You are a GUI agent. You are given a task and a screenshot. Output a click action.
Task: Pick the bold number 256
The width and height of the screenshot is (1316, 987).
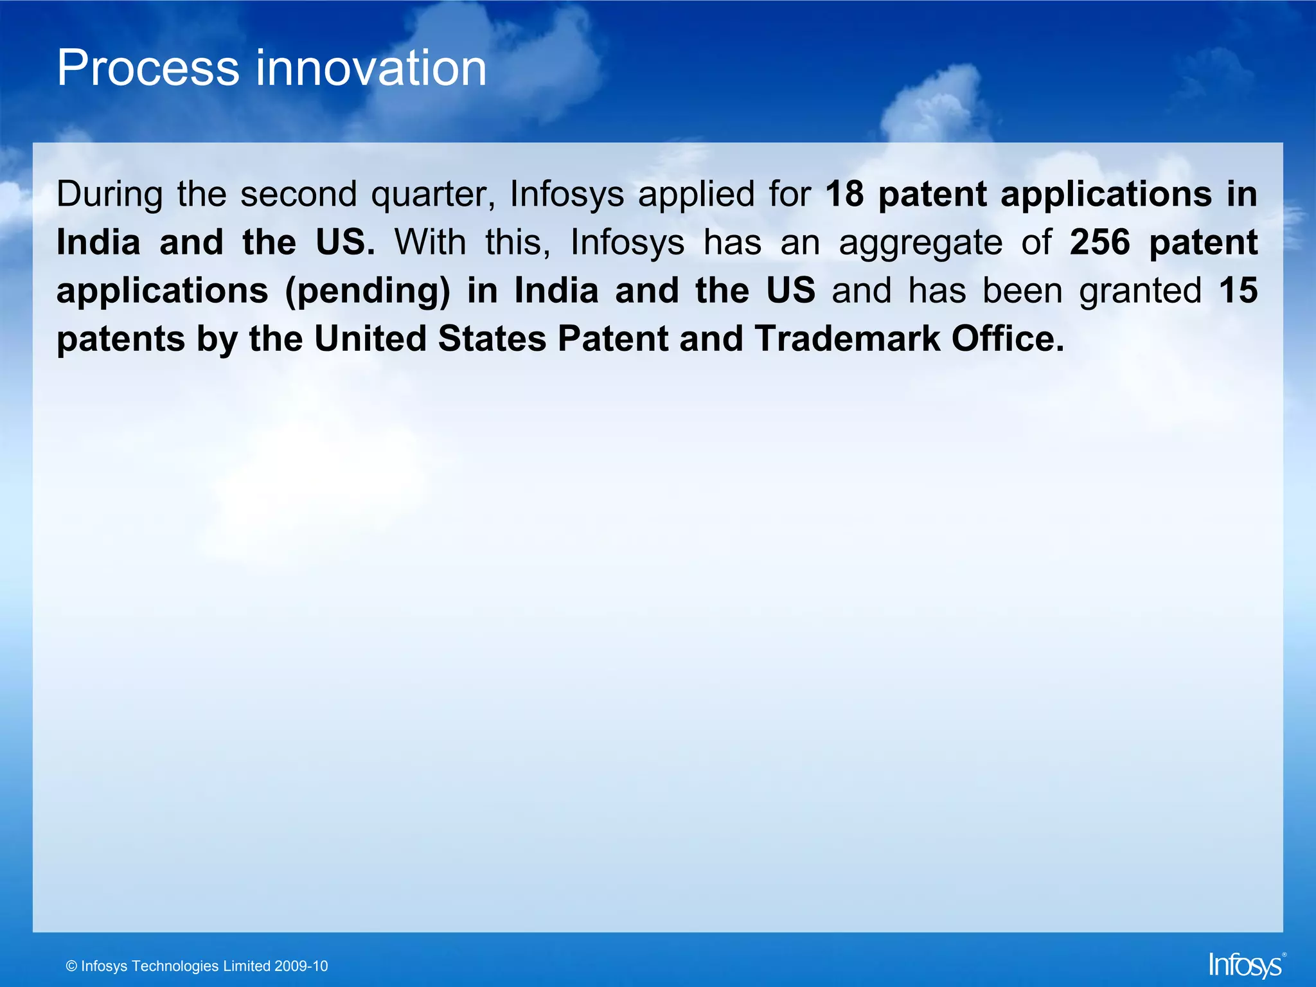point(1099,242)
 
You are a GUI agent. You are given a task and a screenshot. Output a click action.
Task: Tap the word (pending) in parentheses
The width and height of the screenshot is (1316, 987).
point(368,291)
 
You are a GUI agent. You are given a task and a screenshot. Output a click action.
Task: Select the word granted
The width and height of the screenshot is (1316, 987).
point(1140,291)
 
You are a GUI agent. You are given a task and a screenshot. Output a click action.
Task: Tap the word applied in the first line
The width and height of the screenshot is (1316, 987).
point(696,195)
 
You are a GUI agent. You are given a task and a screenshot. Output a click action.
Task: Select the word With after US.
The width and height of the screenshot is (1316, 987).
point(430,242)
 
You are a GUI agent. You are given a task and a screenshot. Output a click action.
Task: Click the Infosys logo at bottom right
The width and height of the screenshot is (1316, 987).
point(1245,965)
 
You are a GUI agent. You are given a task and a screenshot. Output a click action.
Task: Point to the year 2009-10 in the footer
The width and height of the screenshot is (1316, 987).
point(301,966)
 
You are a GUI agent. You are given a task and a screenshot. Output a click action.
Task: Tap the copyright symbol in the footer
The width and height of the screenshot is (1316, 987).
point(71,966)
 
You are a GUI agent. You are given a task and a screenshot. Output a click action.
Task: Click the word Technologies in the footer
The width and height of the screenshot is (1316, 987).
point(175,966)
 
